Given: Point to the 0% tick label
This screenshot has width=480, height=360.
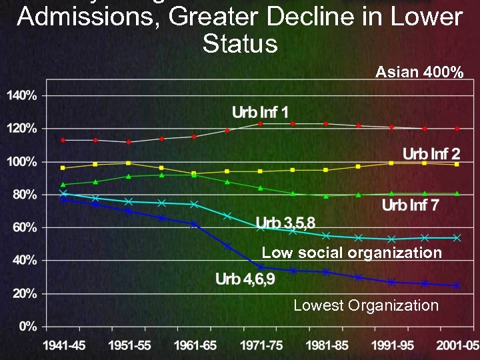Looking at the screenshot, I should tap(27, 326).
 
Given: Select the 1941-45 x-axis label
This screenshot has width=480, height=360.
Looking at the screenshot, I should tap(63, 345).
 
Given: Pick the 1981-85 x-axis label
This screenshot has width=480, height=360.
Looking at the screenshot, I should tap(324, 345).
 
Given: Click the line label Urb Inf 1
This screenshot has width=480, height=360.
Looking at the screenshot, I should tap(260, 111).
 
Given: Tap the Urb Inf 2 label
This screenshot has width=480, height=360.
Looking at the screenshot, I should tap(431, 155).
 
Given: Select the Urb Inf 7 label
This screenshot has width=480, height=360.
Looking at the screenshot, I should tap(410, 205).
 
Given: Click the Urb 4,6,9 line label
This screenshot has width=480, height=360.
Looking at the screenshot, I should tap(245, 279).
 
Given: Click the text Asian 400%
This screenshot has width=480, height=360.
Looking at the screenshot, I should tap(419, 72).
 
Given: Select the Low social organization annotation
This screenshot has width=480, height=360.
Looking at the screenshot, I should tap(351, 253).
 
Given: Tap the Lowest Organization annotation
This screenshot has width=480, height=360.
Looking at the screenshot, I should tap(366, 305).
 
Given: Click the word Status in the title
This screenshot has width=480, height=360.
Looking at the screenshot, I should tap(239, 44).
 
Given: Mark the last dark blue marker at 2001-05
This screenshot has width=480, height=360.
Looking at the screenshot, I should tap(457, 285).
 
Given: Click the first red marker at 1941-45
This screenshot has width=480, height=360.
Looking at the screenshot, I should tap(63, 140).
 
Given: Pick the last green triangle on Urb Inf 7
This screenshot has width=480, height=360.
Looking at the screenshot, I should tap(457, 193).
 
